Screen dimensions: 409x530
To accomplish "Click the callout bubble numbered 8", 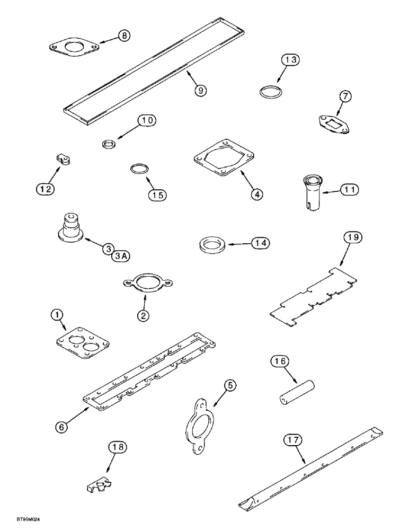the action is tap(123, 36).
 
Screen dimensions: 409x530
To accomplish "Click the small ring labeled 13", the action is tap(271, 91).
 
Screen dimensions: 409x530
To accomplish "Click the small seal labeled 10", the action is tap(109, 144).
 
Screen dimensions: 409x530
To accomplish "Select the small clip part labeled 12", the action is tap(63, 160).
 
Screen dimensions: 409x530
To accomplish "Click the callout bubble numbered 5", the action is tap(230, 386).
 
